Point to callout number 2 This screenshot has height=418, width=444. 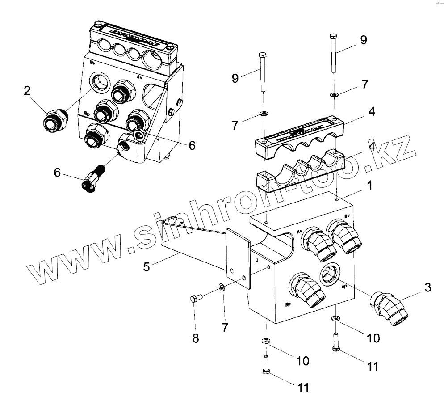[x=27, y=91]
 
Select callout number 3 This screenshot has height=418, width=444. [x=427, y=287]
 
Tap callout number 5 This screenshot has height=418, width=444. [x=146, y=268]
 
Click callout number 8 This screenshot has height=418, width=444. [x=195, y=338]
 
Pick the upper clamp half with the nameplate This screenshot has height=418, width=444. [x=297, y=135]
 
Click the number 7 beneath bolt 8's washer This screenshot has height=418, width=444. [x=225, y=327]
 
